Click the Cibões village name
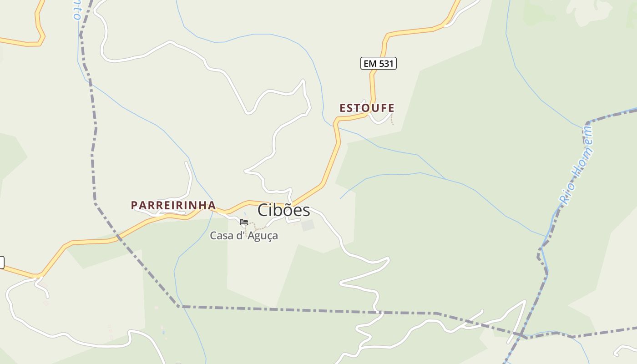[284, 210]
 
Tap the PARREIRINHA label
[173, 205]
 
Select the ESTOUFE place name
[367, 108]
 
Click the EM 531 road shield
[379, 63]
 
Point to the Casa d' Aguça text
[243, 236]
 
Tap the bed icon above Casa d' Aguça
[244, 222]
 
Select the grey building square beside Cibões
[308, 225]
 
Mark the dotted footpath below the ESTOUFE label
[392, 119]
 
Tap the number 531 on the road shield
[385, 63]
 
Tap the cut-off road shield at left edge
[1, 263]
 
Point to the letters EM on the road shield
[370, 63]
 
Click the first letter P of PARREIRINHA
[134, 205]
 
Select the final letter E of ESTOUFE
[391, 108]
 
